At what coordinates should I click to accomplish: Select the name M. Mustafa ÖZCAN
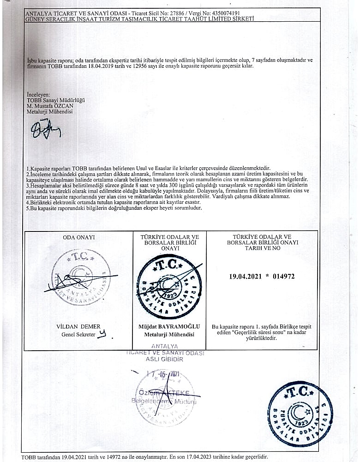pos(48,106)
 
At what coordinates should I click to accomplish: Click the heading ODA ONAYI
pos(78,237)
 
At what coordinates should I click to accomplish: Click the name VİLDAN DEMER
pos(78,326)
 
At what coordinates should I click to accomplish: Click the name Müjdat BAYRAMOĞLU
pos(169,327)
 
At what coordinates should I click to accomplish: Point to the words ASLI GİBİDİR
pos(165,359)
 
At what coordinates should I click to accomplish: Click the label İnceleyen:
pos(38,95)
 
